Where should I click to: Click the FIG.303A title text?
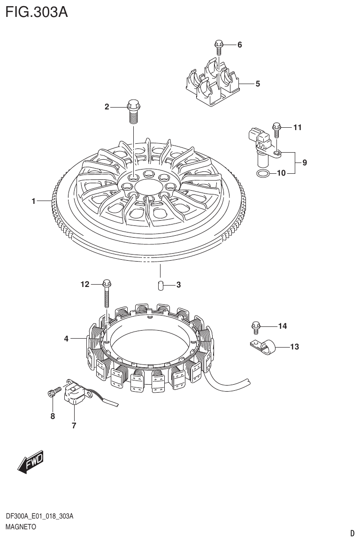[36, 12]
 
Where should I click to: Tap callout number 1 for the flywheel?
[34, 201]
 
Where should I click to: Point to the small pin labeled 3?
[160, 285]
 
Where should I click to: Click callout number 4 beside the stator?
[66, 338]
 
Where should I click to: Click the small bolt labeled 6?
[218, 46]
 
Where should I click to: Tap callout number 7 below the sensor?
[74, 426]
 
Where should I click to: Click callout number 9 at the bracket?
[305, 163]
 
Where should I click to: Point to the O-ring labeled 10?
[263, 175]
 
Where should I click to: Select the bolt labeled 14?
[256, 325]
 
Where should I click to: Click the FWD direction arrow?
[31, 462]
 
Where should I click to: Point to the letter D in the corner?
[352, 533]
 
